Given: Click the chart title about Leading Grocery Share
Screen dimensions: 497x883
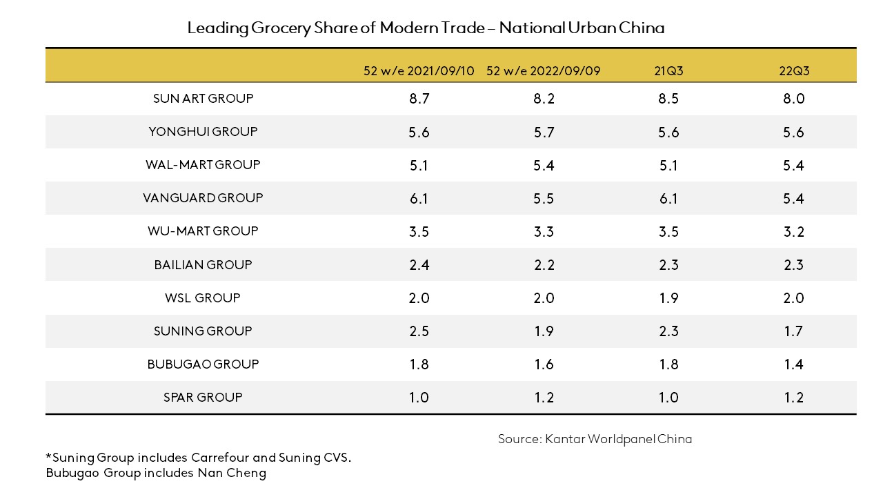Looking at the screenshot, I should point(426,28).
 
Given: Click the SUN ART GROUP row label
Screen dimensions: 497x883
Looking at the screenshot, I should point(203,99).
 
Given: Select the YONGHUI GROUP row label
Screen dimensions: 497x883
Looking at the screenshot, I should point(203,132).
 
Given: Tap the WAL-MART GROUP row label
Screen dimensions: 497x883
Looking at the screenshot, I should point(203,165).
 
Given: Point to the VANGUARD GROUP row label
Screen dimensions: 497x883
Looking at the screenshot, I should point(203,198).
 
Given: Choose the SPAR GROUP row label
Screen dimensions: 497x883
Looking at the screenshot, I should point(203,398).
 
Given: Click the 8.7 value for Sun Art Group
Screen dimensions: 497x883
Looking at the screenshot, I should point(419,99).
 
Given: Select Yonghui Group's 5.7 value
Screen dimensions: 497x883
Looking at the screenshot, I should point(544,133).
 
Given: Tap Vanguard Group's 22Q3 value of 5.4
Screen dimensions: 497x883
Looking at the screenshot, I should point(793,199).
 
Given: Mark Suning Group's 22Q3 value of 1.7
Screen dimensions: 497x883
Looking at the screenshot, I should point(793,331).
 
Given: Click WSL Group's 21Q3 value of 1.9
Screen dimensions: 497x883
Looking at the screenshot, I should point(668,298).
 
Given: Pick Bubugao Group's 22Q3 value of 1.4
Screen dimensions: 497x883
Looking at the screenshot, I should point(793,364).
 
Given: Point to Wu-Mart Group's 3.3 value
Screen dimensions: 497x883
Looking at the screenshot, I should point(544,232).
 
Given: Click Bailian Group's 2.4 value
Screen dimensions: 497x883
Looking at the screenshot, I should point(419,265).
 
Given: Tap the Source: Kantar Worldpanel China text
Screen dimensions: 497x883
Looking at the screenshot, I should point(595,439).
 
